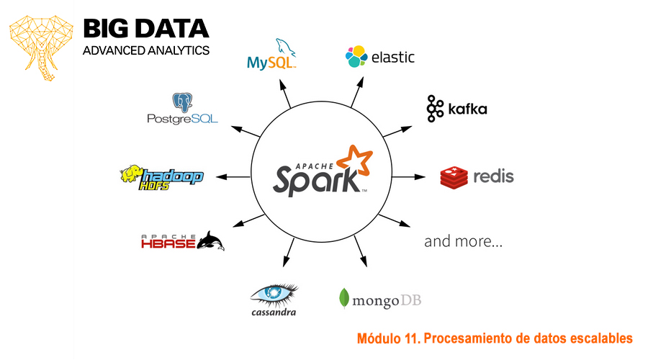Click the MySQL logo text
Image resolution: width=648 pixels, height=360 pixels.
271,63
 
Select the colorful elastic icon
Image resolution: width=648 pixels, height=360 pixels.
356,57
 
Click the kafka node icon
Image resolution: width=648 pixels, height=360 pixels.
435,108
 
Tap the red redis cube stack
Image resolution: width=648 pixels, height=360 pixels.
454,176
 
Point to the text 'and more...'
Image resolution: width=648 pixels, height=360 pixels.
463,241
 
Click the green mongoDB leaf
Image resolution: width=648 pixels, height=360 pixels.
345,299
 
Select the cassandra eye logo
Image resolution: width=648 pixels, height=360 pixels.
274,293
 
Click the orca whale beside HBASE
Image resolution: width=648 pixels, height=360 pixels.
211,240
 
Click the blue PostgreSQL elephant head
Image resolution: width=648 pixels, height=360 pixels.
182,103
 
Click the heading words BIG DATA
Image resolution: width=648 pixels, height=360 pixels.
146,29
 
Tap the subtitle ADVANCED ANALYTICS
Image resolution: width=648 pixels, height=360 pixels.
146,50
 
